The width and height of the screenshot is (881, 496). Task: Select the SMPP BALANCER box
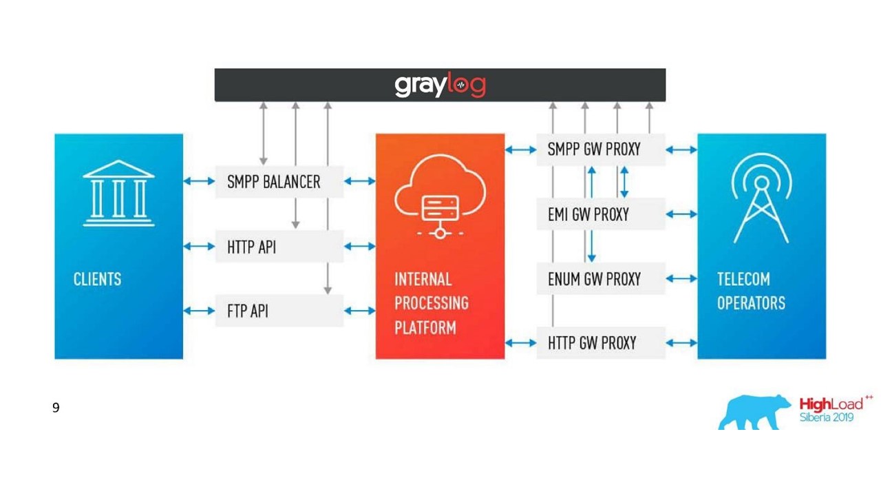point(279,181)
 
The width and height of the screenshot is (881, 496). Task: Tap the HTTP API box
point(279,247)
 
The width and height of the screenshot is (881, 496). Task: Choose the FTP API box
point(279,311)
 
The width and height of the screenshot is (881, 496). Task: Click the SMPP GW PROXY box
point(601,149)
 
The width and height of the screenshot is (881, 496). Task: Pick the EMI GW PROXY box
point(601,214)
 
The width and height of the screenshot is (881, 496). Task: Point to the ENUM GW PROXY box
point(601,279)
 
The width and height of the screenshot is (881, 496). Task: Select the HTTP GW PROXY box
point(601,343)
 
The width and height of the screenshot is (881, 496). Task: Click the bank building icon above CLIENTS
point(118,194)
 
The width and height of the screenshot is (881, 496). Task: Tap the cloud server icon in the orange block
point(440,196)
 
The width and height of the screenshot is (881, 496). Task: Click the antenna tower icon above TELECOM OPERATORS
point(761,198)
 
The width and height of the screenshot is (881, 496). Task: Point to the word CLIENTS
point(97,279)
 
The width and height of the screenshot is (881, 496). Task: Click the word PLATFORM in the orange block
point(425,327)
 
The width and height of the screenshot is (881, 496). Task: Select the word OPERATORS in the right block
point(751,303)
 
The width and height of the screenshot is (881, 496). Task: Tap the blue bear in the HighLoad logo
point(754,412)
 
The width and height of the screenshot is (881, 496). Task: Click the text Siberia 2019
point(827,417)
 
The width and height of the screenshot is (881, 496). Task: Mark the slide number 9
point(56,408)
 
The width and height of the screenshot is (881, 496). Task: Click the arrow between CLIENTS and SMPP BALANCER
point(199,181)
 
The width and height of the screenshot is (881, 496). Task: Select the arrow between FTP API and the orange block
point(359,311)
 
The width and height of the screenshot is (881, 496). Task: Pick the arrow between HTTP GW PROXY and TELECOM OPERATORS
point(681,343)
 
